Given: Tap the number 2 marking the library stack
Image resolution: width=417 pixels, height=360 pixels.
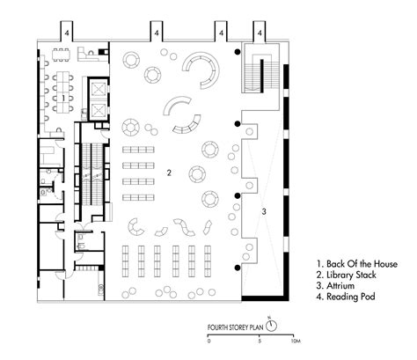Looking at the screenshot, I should point(167,173).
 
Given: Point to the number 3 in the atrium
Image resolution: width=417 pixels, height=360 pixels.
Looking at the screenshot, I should point(264,212).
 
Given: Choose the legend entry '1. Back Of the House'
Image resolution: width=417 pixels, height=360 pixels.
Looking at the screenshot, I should point(353,263).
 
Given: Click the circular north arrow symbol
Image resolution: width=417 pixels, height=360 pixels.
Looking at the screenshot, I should point(272,326).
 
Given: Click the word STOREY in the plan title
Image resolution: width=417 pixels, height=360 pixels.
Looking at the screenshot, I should point(240,327).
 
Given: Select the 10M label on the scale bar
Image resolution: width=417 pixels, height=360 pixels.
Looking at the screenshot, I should point(296,342).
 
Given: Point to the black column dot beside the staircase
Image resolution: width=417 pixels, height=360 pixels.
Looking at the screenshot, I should point(237,55).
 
